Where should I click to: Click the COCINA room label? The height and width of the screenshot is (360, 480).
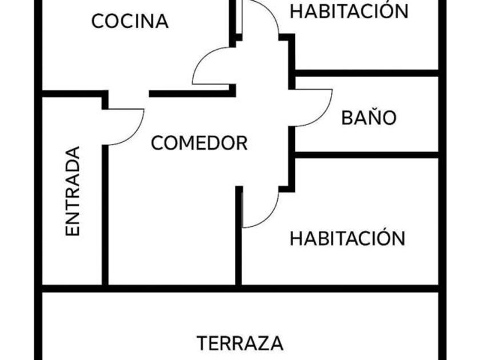(130, 21)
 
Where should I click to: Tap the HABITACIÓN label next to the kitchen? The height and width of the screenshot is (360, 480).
(349, 11)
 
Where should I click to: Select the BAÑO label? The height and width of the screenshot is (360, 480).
(369, 118)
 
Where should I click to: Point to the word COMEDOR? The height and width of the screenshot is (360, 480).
(199, 143)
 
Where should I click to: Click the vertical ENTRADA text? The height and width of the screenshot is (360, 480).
(73, 191)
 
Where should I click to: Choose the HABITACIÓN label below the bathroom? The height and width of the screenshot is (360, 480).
(347, 238)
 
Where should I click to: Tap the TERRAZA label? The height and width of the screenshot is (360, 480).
(240, 343)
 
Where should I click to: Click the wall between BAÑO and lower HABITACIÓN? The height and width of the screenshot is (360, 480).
(366, 155)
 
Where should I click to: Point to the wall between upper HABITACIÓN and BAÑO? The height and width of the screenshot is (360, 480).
(366, 73)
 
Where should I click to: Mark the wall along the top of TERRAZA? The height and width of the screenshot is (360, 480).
(240, 289)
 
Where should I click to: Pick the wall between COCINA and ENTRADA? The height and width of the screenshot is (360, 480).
(71, 93)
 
